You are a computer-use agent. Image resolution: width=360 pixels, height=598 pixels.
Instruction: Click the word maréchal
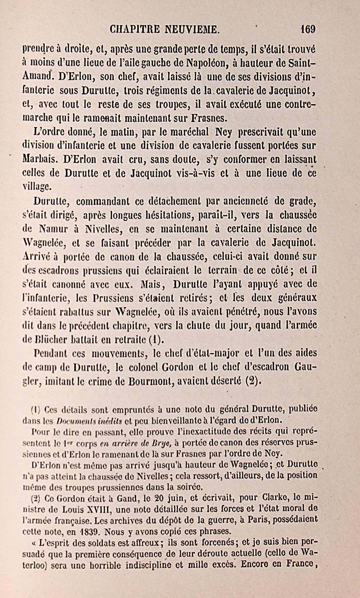tap(194, 132)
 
